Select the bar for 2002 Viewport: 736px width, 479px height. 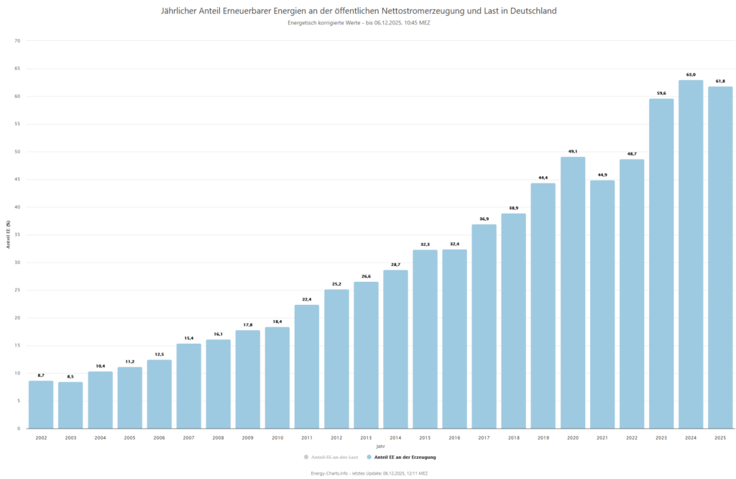tap(41, 404)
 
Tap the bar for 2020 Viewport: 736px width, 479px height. tap(573, 293)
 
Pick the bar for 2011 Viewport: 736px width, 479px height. tap(307, 366)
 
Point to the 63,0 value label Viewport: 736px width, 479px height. tap(691, 74)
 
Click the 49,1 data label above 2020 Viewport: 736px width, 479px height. tap(573, 151)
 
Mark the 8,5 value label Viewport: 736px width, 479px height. tap(70, 376)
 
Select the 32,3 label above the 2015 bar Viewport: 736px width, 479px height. tap(425, 245)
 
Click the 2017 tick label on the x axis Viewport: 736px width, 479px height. tap(484, 437)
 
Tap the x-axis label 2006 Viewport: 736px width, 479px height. tap(159, 437)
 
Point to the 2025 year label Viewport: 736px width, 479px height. tap(720, 437)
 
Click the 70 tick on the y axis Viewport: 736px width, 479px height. tap(18, 41)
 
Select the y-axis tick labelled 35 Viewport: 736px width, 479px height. tap(18, 234)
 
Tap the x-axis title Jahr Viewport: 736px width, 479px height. tap(380, 446)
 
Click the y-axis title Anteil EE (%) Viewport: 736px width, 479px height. tap(9, 234)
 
